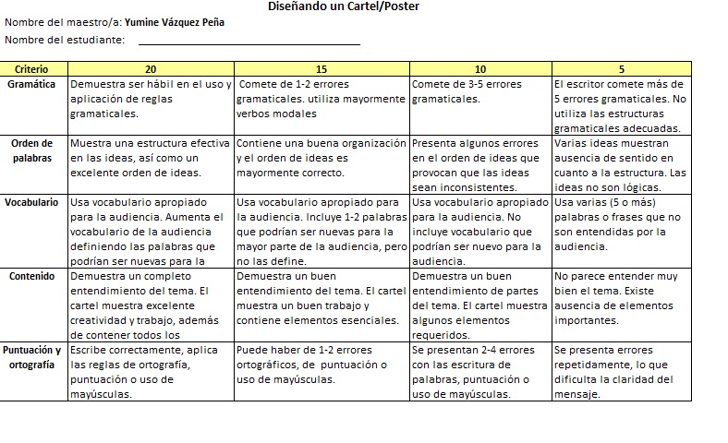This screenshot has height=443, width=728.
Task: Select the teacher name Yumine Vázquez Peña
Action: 174,22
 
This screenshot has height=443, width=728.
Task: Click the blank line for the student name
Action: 249,41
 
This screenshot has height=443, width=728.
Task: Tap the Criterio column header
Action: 31,69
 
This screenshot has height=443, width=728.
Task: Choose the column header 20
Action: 151,69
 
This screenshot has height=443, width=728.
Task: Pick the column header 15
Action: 322,69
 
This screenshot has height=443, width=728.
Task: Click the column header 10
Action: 480,69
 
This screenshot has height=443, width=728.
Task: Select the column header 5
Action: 621,69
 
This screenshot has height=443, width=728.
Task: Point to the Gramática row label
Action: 31,84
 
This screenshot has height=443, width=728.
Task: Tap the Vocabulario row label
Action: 31,201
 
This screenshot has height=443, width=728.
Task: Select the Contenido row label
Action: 31,275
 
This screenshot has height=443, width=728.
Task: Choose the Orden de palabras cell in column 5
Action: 621,165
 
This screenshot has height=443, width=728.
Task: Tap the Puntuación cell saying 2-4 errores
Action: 480,372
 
